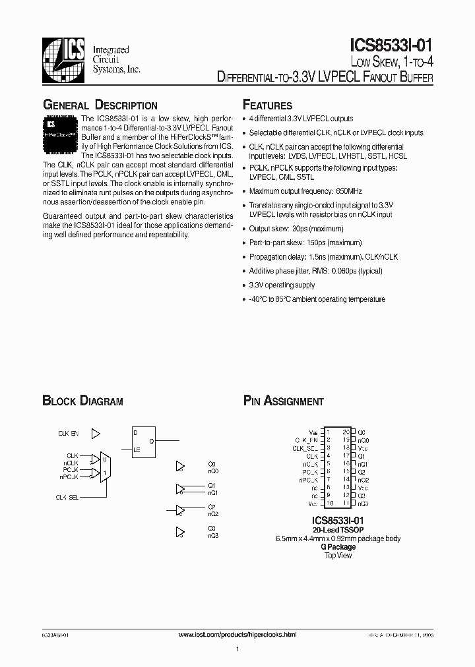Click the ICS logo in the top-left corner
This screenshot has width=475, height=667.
[63, 55]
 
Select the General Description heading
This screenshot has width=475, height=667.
[100, 105]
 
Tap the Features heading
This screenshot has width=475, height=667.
[267, 105]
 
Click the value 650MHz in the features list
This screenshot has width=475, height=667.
[331, 192]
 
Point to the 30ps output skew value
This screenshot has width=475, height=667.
[298, 229]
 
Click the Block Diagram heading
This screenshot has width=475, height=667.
[82, 401]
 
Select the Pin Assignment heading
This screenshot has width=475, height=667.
[283, 401]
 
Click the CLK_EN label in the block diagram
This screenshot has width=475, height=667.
[68, 434]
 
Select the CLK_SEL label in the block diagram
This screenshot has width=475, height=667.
[67, 498]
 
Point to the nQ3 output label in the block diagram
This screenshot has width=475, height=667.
[212, 536]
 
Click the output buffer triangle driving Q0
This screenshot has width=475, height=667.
[180, 466]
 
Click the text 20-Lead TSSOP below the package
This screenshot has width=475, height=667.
[338, 530]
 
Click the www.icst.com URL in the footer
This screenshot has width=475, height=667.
[238, 634]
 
